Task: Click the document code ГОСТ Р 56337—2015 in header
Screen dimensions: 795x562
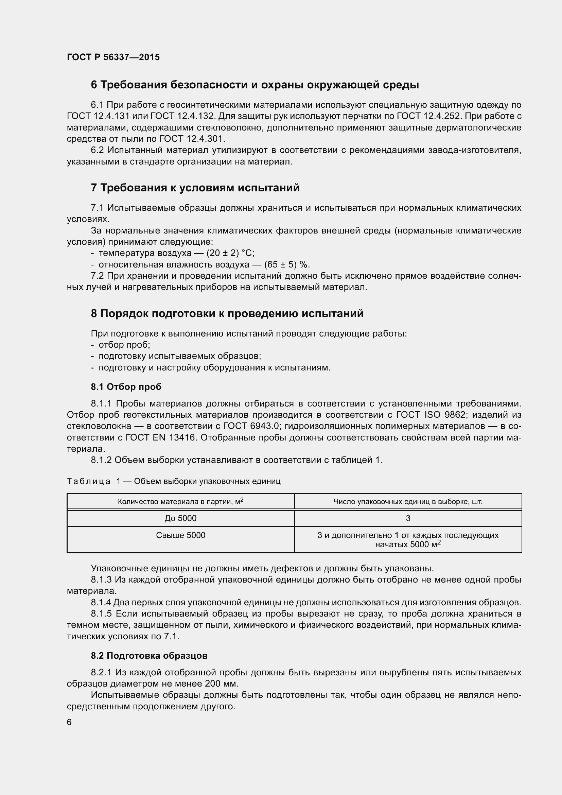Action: tap(113, 57)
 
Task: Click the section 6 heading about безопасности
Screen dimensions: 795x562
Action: tap(254, 85)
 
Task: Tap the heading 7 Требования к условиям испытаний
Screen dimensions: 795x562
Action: tap(195, 188)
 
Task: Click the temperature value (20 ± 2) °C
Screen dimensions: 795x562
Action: tap(230, 253)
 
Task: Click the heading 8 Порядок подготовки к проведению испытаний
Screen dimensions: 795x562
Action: tap(227, 313)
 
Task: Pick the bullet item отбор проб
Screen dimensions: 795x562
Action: tap(124, 345)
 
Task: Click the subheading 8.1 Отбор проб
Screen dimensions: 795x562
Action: tap(126, 387)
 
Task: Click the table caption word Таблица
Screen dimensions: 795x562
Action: tap(89, 481)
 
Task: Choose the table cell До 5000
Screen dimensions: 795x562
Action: tap(180, 518)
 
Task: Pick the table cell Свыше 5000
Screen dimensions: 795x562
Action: tap(180, 535)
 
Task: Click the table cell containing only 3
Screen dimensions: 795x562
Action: tap(408, 518)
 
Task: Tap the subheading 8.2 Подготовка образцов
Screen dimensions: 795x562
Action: tap(149, 656)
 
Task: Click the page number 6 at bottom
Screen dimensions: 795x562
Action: tap(69, 722)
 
